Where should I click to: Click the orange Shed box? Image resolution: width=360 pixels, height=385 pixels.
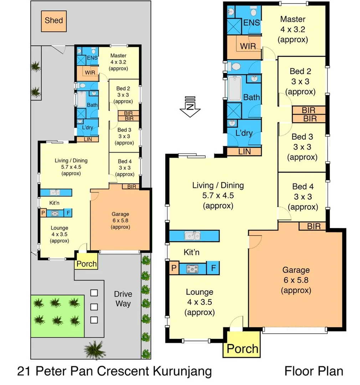(x=53, y=20)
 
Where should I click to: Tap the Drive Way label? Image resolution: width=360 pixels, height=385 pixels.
(x=123, y=299)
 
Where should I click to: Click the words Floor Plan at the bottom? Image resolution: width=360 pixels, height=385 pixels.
(x=314, y=371)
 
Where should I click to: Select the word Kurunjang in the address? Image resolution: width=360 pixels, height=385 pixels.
(x=182, y=371)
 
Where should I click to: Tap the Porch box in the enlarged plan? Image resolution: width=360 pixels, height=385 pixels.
(x=242, y=348)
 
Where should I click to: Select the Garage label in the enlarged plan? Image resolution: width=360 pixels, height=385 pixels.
(x=296, y=270)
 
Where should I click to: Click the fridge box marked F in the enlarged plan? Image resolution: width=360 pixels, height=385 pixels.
(x=213, y=268)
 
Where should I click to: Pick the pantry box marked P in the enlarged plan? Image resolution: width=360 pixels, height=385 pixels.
(x=174, y=268)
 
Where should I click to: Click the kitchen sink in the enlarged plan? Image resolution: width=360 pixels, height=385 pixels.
(x=193, y=236)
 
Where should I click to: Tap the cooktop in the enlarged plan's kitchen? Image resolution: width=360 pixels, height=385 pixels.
(x=193, y=268)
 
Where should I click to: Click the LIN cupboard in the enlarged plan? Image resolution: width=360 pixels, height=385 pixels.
(x=244, y=152)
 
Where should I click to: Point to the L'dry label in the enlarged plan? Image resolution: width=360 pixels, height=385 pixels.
(x=244, y=133)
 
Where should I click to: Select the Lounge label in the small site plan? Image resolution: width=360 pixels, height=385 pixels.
(x=59, y=228)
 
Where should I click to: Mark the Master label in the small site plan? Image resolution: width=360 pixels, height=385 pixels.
(x=118, y=56)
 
